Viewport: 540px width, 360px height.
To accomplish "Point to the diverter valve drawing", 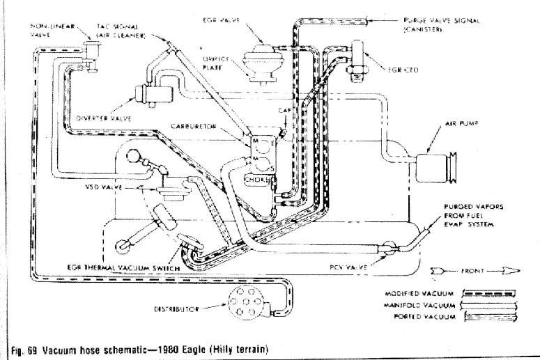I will tap(156, 93).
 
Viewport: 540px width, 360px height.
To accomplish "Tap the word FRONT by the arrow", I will tap(463, 267).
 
